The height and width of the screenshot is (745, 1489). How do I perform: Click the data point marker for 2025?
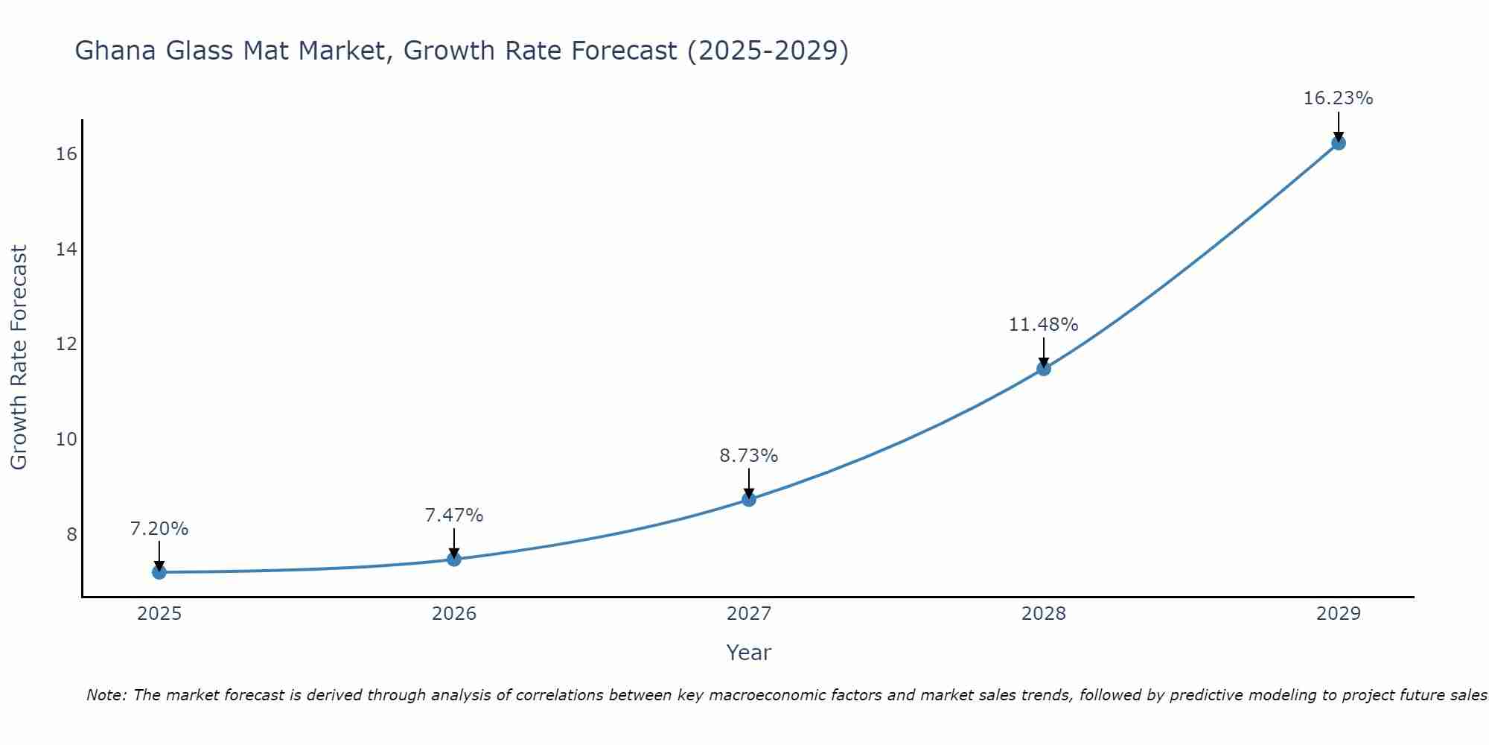[x=159, y=572]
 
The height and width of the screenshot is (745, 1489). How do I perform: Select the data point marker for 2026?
[x=454, y=559]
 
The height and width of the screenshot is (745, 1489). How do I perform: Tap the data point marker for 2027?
[x=749, y=499]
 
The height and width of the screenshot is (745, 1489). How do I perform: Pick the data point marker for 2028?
[x=1044, y=368]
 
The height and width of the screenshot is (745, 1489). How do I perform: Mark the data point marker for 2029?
[x=1339, y=143]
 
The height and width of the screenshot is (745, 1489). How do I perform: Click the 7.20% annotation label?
[x=159, y=529]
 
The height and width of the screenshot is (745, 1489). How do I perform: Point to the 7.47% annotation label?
[x=454, y=515]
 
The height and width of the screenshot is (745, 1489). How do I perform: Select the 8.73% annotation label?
[x=748, y=455]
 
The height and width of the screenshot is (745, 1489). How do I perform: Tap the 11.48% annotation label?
[x=1043, y=324]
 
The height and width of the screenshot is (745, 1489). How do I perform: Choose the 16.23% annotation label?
[x=1338, y=98]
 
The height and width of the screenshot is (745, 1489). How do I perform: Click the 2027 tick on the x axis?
[x=749, y=614]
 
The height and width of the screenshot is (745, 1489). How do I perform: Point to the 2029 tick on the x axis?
[x=1339, y=614]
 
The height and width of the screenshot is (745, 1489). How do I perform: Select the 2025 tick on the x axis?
[x=159, y=614]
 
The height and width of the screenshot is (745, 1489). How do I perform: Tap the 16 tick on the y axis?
[x=66, y=154]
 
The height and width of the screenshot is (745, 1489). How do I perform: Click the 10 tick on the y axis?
[x=66, y=440]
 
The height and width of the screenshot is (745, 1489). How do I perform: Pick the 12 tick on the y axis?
[x=66, y=344]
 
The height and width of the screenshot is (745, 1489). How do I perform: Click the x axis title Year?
[x=748, y=653]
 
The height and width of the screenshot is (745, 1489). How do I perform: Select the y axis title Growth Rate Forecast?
[x=19, y=358]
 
